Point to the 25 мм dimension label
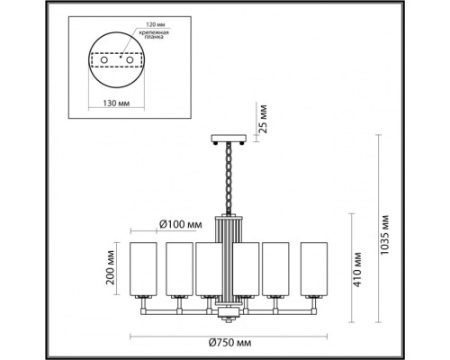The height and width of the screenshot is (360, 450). pos(259,117)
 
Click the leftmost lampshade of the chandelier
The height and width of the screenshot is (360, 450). pos(147,267)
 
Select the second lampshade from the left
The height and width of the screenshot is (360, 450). pos(180,267)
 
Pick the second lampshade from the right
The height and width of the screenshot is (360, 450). pos(281,267)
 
